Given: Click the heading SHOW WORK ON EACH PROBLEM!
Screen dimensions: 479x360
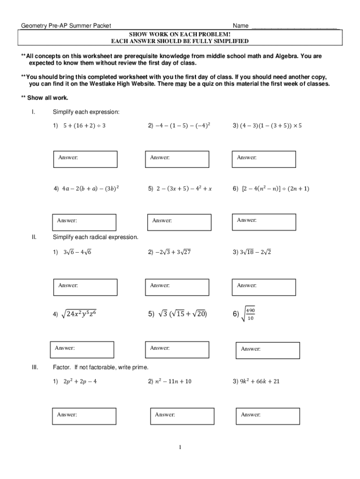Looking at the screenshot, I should coord(180,35).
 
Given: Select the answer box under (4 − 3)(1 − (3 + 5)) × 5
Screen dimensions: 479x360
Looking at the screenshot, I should coord(264,159).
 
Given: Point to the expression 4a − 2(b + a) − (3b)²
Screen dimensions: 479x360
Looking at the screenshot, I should coord(90,189).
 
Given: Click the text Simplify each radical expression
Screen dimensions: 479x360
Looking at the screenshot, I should coord(95,237).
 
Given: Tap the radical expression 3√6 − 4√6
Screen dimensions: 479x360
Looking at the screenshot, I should coord(77,252).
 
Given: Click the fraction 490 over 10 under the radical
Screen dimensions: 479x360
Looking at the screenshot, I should coord(250,314).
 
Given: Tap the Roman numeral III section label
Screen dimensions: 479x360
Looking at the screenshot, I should coord(35,367).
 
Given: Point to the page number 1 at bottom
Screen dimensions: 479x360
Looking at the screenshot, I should coord(180,447).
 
